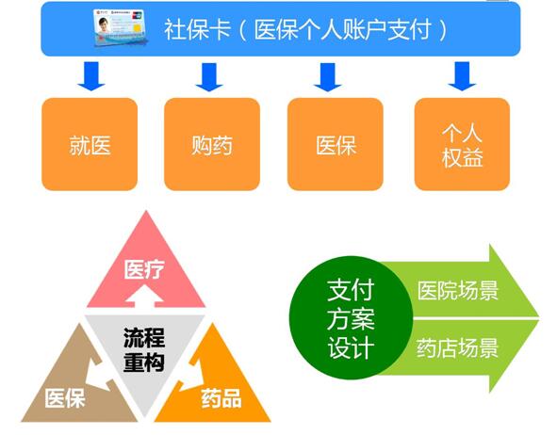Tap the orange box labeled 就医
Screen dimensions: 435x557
pyautogui.click(x=90, y=145)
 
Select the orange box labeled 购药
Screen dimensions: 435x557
pyautogui.click(x=211, y=145)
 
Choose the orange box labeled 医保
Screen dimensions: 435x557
pyautogui.click(x=335, y=145)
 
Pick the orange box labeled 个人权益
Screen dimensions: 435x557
pyautogui.click(x=462, y=145)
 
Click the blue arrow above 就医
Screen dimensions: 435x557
pyautogui.click(x=91, y=76)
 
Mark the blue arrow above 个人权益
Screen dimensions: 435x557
pyautogui.click(x=461, y=76)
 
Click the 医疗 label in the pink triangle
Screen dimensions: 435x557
pyautogui.click(x=144, y=271)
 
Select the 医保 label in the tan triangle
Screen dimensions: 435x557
pyautogui.click(x=65, y=398)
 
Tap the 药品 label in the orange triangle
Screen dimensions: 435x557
pyautogui.click(x=221, y=398)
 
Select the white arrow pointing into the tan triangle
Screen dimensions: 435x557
pyautogui.click(x=95, y=369)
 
